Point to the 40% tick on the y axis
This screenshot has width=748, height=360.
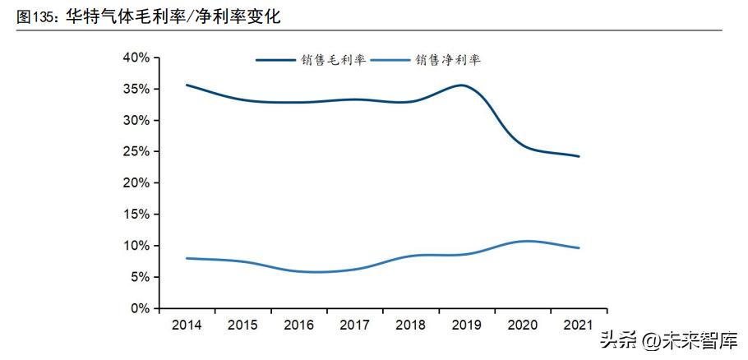pos(136,58)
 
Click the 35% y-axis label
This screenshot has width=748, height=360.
pos(136,89)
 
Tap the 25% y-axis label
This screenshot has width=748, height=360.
pos(136,152)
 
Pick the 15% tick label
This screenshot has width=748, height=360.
pos(136,215)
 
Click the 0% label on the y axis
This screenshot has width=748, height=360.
pos(139,308)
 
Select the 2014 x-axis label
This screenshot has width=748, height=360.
pos(188,325)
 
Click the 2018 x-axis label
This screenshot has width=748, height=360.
pos(411,325)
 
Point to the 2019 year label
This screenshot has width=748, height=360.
pos(467,325)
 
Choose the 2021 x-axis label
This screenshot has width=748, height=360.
pos(579,325)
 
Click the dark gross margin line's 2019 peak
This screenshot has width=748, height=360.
pos(464,85)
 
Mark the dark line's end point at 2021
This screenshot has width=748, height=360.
pos(579,156)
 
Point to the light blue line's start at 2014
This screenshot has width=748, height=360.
pos(188,258)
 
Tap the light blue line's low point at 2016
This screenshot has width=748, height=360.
pos(312,272)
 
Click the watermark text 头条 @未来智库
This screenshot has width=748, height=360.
pos(667,339)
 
